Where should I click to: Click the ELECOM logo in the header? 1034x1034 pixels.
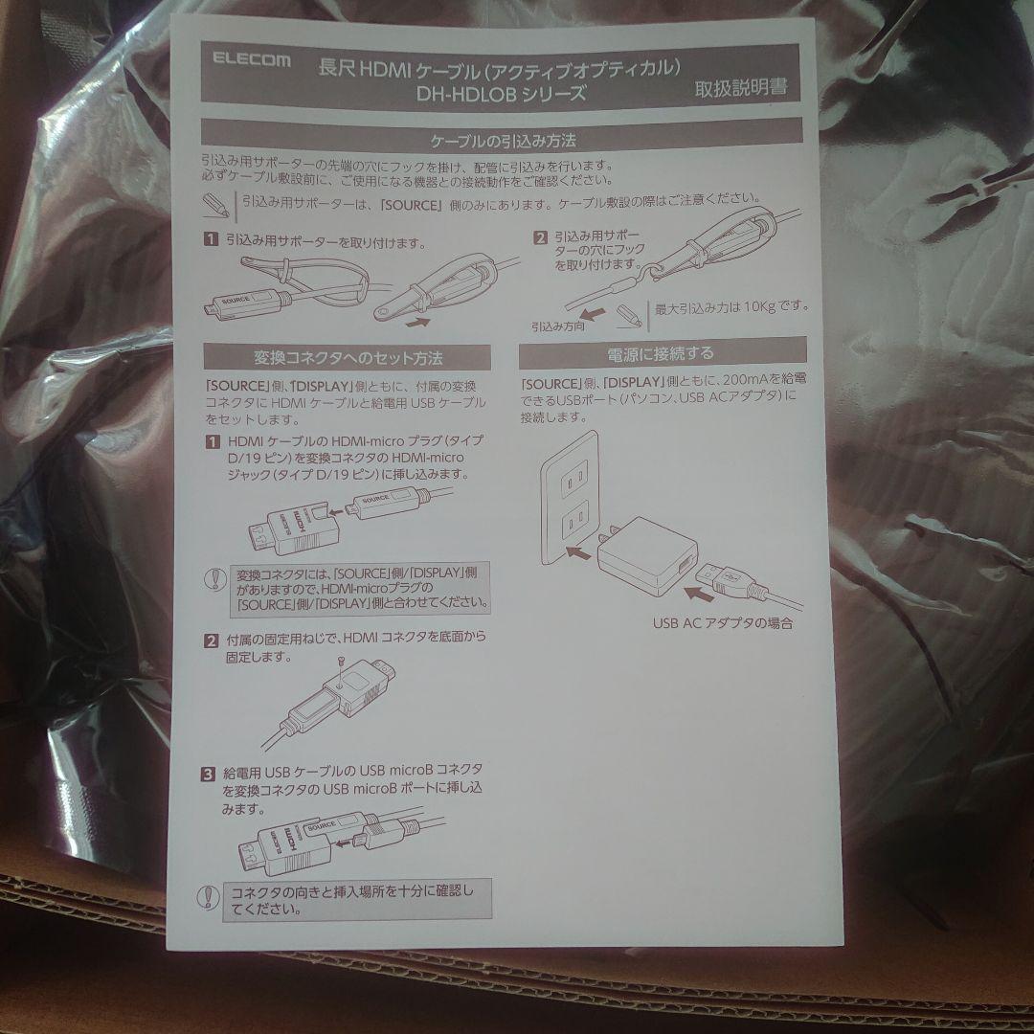coord(251,60)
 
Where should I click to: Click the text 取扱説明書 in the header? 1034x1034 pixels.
coord(740,88)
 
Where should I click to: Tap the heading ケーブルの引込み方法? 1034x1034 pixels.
coord(504,141)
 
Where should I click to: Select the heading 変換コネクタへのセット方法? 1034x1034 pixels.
coord(348,358)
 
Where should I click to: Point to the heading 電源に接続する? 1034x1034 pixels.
coord(660,354)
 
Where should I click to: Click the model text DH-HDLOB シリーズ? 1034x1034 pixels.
coord(501,94)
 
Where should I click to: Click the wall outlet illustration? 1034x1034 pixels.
coord(571,499)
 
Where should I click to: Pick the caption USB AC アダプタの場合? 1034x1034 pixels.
coord(723,623)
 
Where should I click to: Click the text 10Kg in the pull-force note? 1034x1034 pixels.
coord(759,307)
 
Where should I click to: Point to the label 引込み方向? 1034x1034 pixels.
coord(558,326)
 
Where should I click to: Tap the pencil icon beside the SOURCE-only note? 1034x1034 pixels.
coord(215,205)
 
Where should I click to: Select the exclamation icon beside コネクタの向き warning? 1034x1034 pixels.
coord(209,897)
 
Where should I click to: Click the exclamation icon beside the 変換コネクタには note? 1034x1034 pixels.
coord(215,578)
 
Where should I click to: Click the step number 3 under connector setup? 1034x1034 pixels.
coord(209,774)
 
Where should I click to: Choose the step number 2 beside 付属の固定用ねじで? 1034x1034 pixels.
coord(211,641)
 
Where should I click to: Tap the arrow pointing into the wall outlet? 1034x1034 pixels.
coord(578,552)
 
